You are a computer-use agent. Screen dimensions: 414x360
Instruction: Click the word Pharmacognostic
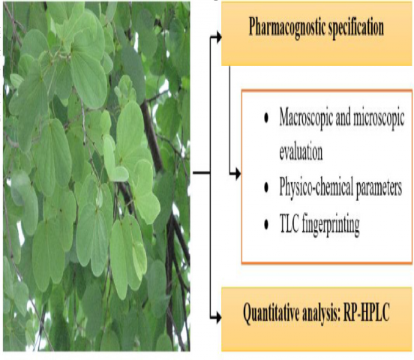[286, 28]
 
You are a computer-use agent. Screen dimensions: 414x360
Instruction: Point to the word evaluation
[301, 151]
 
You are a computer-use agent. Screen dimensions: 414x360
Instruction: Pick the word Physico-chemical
[316, 187]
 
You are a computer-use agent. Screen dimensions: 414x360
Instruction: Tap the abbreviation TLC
[289, 223]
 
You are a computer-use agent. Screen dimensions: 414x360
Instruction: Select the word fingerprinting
[331, 224]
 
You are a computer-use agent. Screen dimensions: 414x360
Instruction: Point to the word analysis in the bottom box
[321, 313]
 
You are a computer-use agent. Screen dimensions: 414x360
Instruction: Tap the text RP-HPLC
[366, 312]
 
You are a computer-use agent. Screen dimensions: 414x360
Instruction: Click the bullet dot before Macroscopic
[266, 118]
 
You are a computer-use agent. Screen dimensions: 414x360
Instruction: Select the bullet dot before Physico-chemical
[266, 187]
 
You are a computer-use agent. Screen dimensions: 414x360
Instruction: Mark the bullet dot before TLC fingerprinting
[266, 224]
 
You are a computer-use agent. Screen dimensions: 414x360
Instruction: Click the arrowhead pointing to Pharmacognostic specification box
[218, 37]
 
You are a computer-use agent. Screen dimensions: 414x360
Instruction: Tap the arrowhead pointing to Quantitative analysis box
[218, 317]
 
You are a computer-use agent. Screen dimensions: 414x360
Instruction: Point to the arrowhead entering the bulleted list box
[238, 174]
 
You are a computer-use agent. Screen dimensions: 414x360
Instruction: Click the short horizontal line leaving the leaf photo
[202, 172]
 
